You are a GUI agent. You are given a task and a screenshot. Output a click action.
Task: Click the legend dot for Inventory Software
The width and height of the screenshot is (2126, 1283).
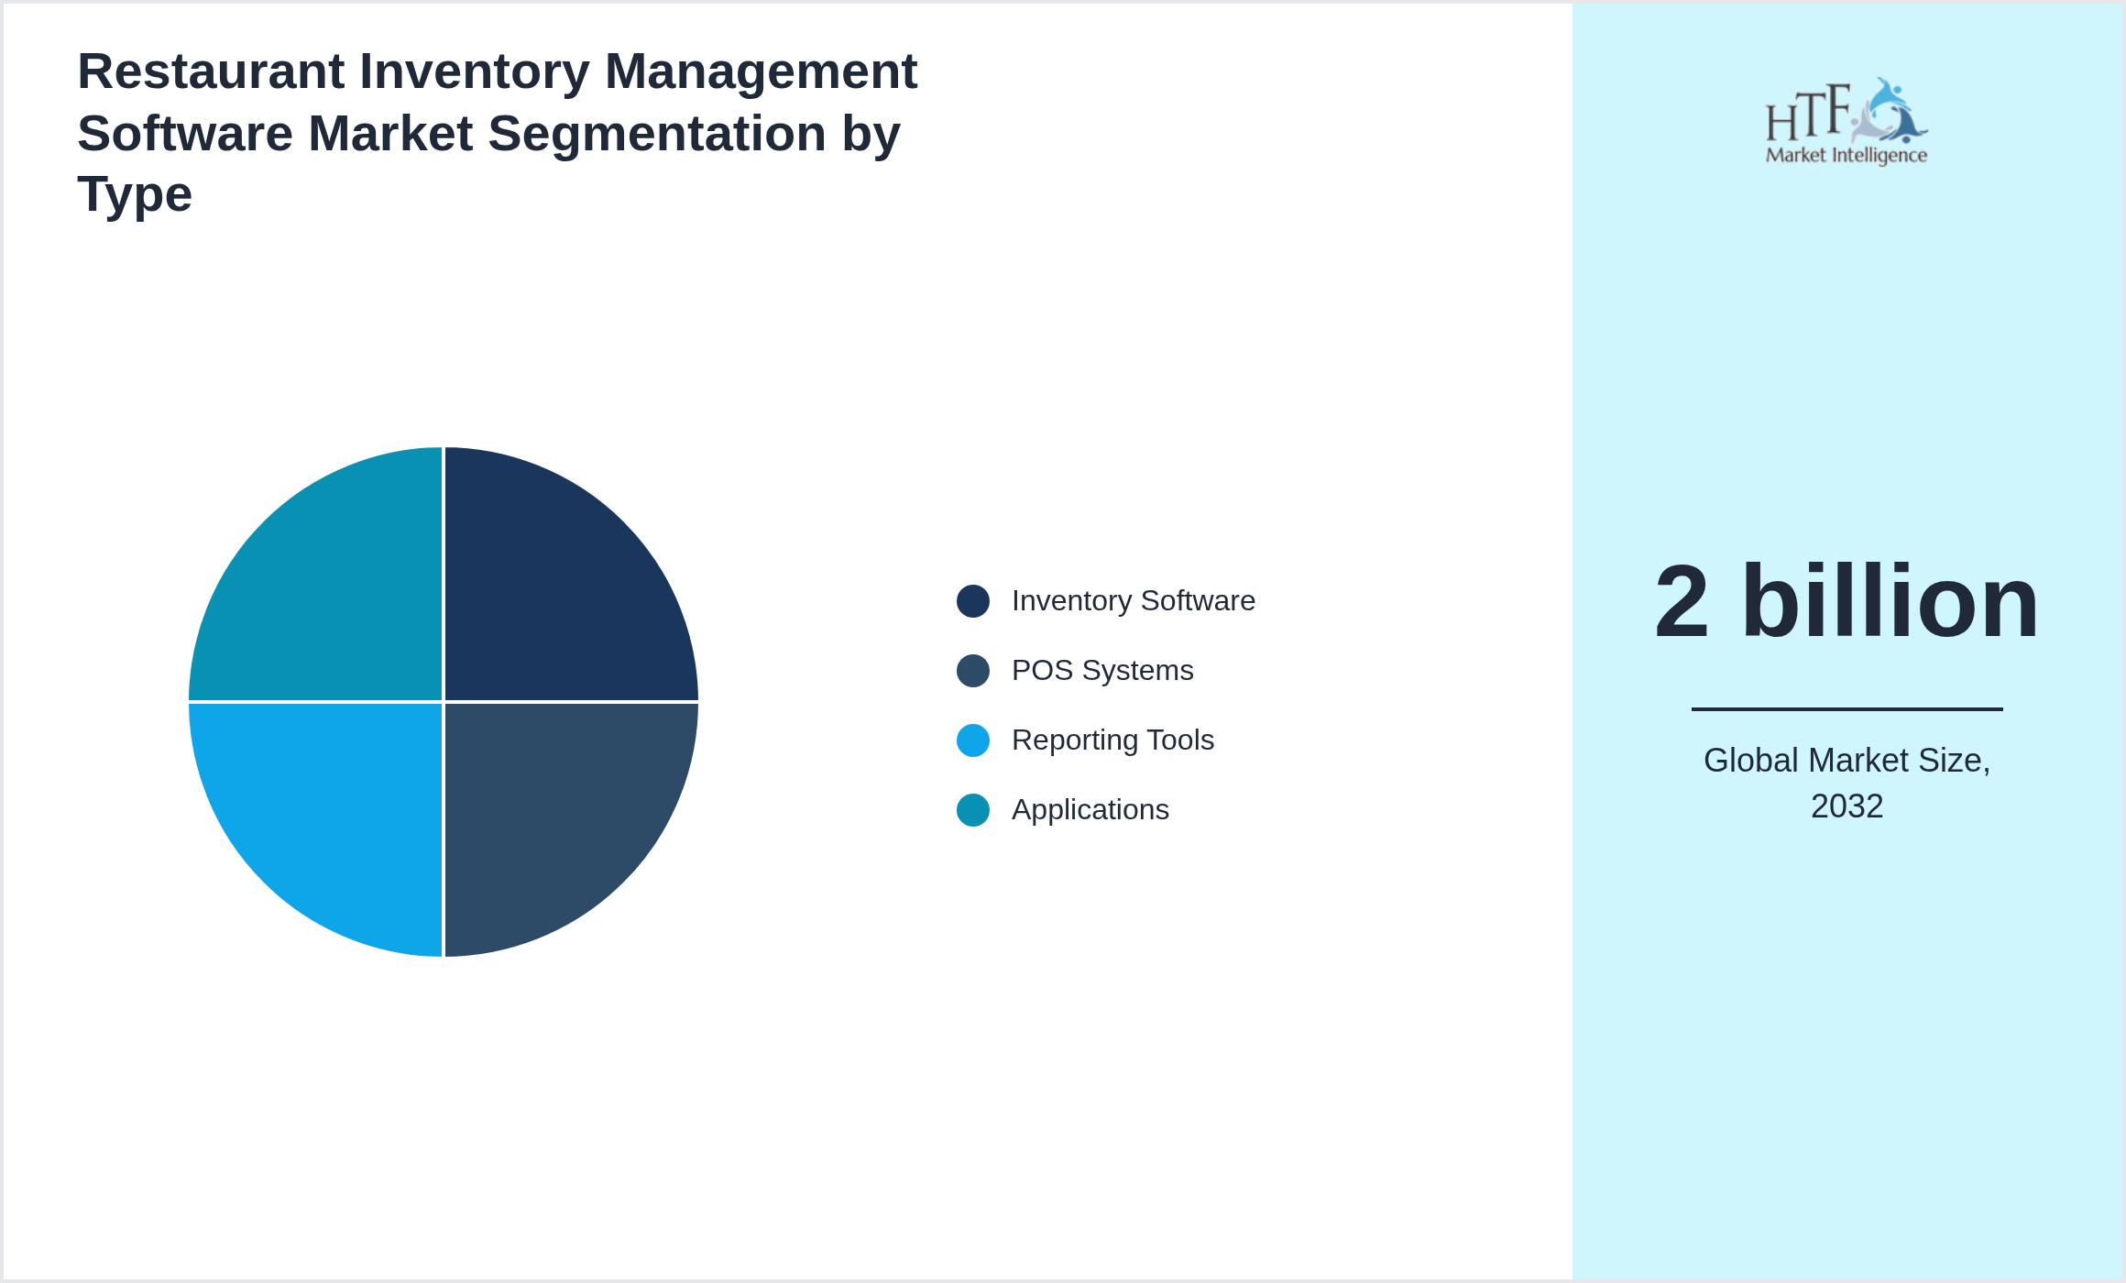pyautogui.click(x=972, y=601)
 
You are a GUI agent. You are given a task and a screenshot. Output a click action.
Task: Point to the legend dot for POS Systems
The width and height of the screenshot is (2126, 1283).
pyautogui.click(x=972, y=671)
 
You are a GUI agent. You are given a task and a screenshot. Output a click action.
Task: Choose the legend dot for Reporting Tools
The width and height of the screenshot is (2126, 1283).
pyautogui.click(x=972, y=740)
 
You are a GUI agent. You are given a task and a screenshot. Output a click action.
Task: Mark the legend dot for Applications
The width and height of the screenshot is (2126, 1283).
pyautogui.click(x=972, y=810)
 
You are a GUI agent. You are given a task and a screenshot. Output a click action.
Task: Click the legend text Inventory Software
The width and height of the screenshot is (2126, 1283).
pyautogui.click(x=1133, y=601)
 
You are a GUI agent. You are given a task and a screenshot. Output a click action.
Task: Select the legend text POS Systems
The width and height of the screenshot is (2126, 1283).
pyautogui.click(x=1101, y=671)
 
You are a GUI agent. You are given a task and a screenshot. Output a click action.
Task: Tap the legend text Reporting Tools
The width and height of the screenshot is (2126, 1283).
pyautogui.click(x=1112, y=740)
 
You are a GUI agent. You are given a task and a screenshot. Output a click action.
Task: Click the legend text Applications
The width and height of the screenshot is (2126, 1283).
pyautogui.click(x=1090, y=810)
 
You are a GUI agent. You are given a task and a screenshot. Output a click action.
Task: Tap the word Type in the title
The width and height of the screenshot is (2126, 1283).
pyautogui.click(x=134, y=195)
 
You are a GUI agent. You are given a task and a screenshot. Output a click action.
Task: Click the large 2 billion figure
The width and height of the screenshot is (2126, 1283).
pyautogui.click(x=1846, y=603)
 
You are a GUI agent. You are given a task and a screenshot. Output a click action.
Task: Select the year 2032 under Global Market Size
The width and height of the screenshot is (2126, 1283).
pyautogui.click(x=1846, y=806)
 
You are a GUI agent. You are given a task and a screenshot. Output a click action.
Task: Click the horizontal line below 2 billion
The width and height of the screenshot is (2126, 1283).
pyautogui.click(x=1846, y=708)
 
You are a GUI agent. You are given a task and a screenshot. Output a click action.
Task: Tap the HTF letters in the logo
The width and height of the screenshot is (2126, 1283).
pyautogui.click(x=1807, y=114)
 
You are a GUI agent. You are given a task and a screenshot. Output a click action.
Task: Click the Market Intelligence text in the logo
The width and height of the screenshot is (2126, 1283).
pyautogui.click(x=1846, y=155)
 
